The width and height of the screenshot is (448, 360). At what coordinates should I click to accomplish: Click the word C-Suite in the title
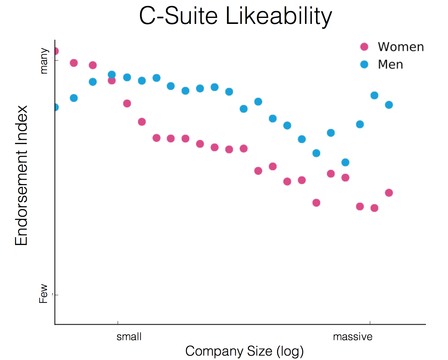tap(178, 16)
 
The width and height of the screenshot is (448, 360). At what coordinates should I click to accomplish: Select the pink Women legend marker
tap(364, 47)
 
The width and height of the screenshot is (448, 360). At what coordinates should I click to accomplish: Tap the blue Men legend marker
tap(364, 64)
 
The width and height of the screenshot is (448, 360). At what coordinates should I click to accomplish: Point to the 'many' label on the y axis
tap(44, 61)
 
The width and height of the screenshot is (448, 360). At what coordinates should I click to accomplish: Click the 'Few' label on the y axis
tap(43, 294)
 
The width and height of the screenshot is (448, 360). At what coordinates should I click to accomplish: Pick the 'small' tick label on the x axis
tap(129, 337)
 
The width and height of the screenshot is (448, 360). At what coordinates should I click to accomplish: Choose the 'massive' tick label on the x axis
tap(353, 337)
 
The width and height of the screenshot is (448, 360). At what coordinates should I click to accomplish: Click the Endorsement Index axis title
tap(21, 175)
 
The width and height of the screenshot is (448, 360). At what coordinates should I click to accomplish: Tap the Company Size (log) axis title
tap(244, 351)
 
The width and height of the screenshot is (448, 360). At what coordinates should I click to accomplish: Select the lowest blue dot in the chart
tap(345, 162)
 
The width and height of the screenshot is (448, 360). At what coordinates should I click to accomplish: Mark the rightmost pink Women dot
tap(389, 193)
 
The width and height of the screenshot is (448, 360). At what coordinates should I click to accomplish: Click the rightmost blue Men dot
tap(389, 105)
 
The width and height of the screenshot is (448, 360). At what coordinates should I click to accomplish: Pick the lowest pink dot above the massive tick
tap(374, 208)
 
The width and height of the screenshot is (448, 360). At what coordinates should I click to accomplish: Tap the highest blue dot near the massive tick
tap(374, 95)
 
